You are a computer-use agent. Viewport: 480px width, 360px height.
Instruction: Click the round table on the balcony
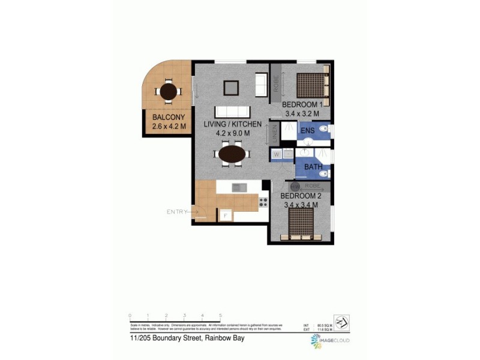tap(169, 92)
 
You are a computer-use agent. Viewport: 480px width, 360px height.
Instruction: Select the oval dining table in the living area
tap(232, 154)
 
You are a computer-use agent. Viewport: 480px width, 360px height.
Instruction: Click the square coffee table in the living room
tap(232, 88)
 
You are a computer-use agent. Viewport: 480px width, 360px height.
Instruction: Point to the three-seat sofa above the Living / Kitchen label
tap(232, 112)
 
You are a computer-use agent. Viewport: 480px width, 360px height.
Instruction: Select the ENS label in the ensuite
tap(307, 130)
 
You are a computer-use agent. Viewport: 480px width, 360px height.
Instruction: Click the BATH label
tap(313, 168)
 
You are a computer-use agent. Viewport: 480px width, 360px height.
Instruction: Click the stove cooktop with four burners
tap(263, 202)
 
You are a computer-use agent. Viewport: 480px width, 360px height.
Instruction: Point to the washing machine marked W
tap(277, 155)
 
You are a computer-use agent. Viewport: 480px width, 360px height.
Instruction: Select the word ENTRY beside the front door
tap(177, 212)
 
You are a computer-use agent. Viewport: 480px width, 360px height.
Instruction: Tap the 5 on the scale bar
tap(221, 315)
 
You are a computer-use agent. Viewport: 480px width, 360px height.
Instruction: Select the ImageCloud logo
tap(330, 341)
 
